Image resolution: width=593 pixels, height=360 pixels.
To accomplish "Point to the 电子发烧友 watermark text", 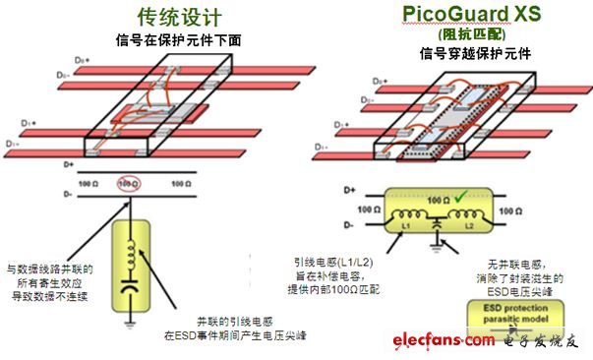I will click(542, 340).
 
